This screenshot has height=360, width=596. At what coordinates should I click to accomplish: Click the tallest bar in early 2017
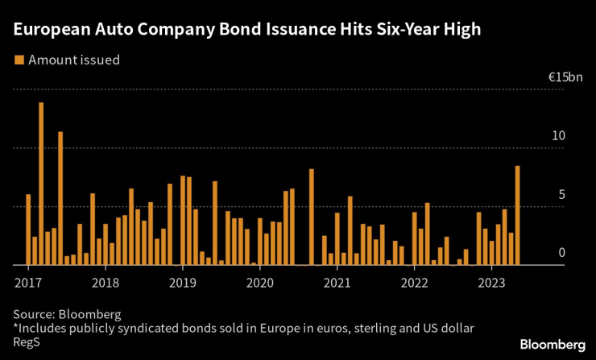tap(41, 184)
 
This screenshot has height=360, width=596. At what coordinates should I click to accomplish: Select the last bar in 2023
tap(517, 215)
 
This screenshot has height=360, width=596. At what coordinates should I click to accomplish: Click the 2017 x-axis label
tap(28, 283)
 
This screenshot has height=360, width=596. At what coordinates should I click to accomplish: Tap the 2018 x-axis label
tap(106, 283)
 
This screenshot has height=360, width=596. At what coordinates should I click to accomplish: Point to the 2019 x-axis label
tap(183, 283)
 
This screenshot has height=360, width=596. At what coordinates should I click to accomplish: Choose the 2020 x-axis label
tap(260, 283)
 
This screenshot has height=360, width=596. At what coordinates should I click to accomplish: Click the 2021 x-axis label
tap(337, 283)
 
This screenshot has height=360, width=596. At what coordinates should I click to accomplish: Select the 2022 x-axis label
tap(415, 283)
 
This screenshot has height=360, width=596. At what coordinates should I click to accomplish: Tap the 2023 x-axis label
tap(492, 283)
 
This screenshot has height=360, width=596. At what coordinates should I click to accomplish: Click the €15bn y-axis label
tap(565, 77)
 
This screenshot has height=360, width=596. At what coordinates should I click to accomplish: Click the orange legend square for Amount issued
tap(18, 60)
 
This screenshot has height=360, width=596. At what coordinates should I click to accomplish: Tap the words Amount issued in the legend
tap(75, 60)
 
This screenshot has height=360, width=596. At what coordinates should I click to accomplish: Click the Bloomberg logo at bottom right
tap(552, 344)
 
